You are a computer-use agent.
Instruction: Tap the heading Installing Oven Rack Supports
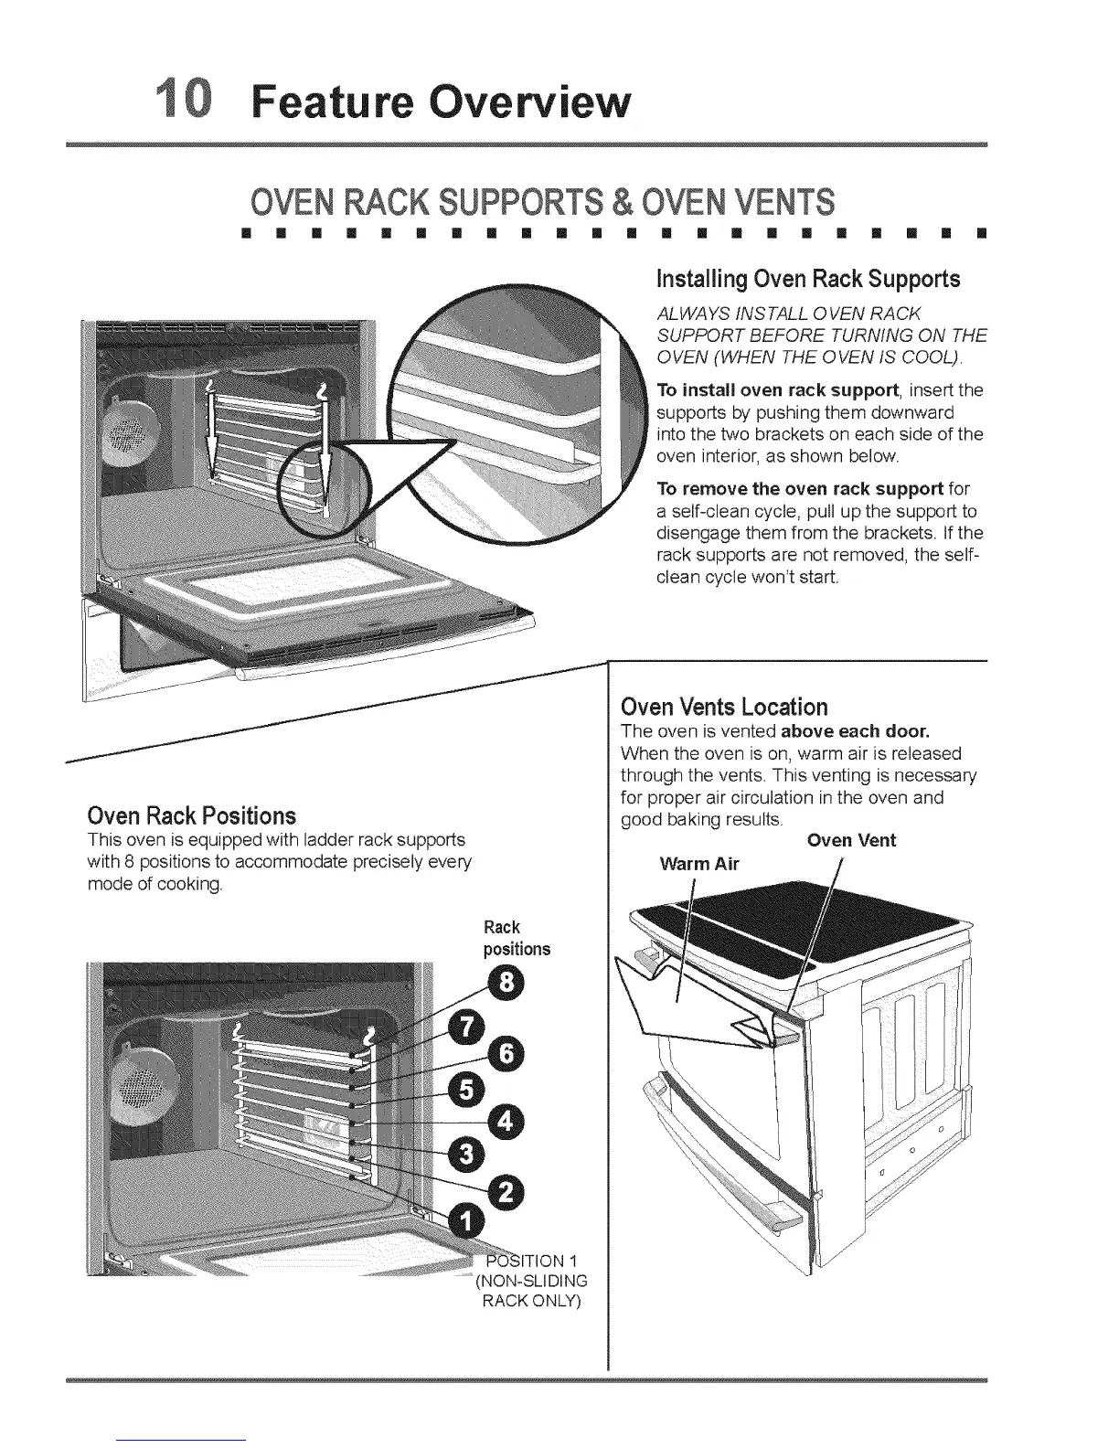808,278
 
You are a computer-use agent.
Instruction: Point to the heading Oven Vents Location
723,707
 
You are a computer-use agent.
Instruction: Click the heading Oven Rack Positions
191,815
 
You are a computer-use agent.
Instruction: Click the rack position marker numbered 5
467,1090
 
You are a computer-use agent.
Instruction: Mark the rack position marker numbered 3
467,1156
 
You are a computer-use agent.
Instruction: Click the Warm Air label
698,864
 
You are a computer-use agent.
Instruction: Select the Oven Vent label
851,840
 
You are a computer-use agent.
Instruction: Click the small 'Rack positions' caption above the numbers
517,938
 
